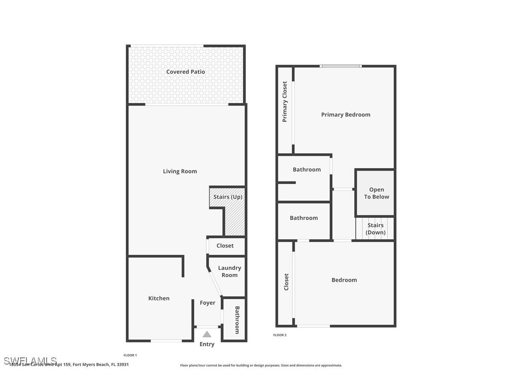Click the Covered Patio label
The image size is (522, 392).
coord(186,72)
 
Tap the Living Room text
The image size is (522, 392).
coord(180,171)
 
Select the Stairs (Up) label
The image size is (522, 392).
coord(228,197)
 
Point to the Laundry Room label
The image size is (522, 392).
coord(229,272)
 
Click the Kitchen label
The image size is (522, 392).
coord(159,299)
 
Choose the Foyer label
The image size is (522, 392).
coord(208,303)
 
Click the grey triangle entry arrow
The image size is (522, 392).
coord(207,334)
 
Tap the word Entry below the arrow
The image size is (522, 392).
coord(207,344)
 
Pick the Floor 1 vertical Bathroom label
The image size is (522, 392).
coord(237,320)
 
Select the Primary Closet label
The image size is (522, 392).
coord(285,102)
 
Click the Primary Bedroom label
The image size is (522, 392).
coord(346,115)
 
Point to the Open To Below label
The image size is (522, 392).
coord(376,193)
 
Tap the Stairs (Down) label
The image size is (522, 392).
coord(375,229)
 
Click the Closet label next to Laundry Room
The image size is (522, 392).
coord(225,246)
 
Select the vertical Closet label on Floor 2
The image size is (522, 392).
coord(286,282)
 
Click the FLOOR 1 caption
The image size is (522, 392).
coord(130,355)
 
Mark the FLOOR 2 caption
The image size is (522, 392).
coord(280,335)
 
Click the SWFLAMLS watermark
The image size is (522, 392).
coord(30,361)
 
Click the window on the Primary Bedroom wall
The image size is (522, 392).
coord(341,66)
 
